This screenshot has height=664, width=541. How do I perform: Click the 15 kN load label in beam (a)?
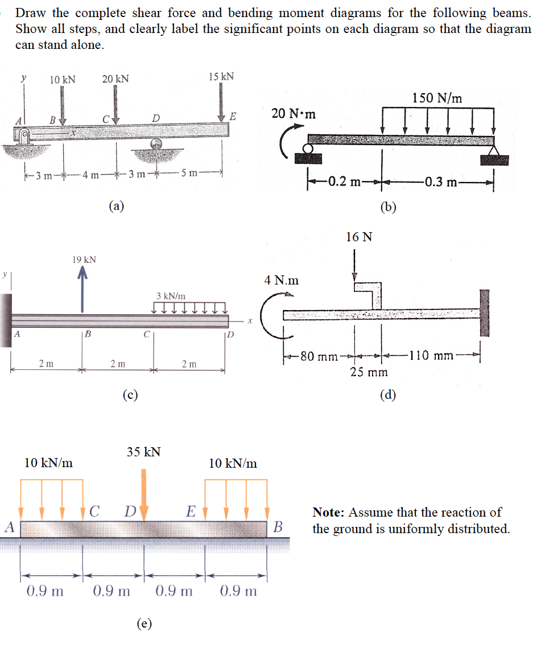(x=221, y=77)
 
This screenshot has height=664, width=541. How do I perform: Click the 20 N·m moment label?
(x=294, y=113)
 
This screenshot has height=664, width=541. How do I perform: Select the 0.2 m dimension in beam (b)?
(x=347, y=182)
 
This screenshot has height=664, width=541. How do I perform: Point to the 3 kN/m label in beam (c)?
(x=171, y=296)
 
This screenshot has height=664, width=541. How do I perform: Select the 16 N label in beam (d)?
(x=359, y=237)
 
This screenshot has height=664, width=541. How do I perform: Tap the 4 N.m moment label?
(x=282, y=281)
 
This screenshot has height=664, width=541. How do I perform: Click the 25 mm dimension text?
(x=369, y=372)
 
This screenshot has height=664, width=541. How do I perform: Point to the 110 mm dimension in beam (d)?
(x=433, y=356)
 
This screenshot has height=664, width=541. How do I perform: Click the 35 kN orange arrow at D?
(x=143, y=489)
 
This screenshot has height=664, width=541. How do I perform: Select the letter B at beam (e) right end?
(x=278, y=527)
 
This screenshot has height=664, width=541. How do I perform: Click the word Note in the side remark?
(x=328, y=512)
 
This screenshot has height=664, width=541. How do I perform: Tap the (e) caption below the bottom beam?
(x=144, y=624)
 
